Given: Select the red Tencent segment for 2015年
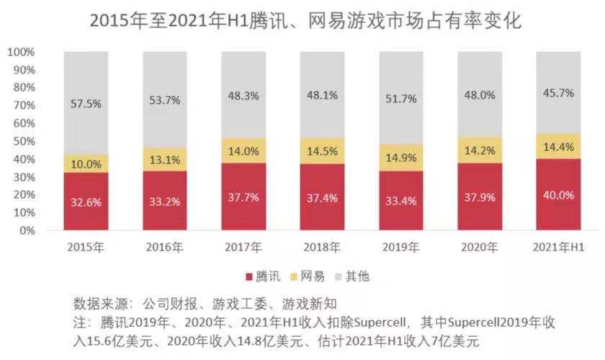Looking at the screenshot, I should pos(86,202).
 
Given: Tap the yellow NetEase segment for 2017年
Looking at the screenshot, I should pos(243,150).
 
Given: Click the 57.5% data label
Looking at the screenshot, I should pos(86,104).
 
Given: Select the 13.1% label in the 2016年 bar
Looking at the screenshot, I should pos(164,160).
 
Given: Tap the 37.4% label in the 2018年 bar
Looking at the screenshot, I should pos(321,198).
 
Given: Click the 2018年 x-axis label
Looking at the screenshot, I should pos(321,248).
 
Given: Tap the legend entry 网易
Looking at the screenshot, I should pos(310,276).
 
